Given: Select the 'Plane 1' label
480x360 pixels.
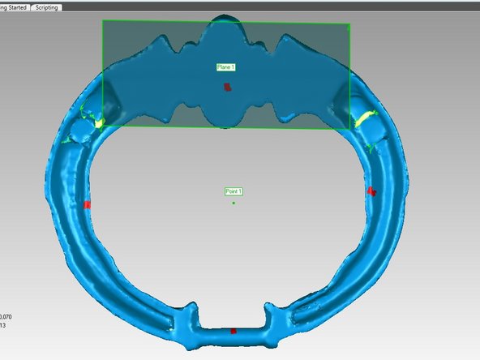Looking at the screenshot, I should click(x=226, y=66).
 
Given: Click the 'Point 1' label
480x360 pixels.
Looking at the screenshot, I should click(x=234, y=191).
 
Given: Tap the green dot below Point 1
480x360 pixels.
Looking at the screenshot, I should click(x=234, y=203).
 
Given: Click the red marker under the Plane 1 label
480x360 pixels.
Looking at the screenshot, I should click(x=228, y=87).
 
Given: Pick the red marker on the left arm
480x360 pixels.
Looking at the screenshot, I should click(x=88, y=204).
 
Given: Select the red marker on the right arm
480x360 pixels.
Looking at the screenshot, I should click(x=371, y=191).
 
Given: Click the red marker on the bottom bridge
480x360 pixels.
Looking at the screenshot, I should click(x=234, y=331).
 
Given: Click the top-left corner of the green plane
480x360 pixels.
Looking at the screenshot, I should click(x=103, y=21).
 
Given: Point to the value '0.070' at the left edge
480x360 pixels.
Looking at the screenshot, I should click(x=6, y=316).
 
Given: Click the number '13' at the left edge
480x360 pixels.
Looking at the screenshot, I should click(x=3, y=326).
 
